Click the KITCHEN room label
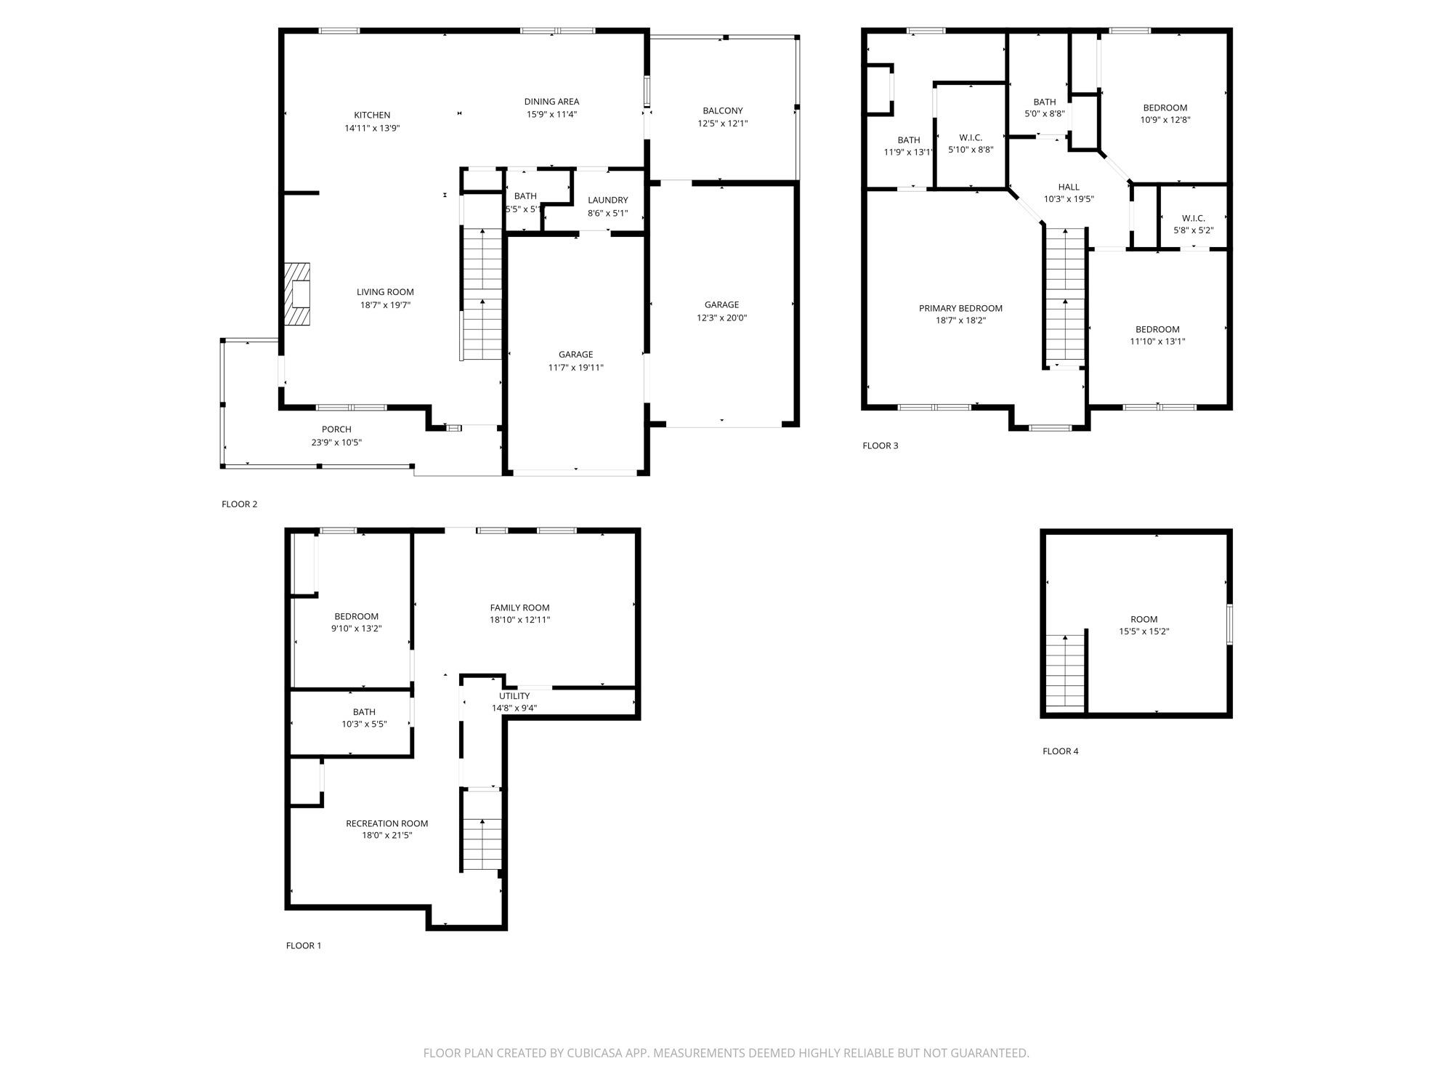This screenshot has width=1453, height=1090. tap(372, 115)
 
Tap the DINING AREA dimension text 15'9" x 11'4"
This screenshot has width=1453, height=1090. tap(551, 114)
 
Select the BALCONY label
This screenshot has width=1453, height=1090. tap(722, 110)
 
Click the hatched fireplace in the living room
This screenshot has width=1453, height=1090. tap(297, 294)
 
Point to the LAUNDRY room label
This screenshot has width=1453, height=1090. tap(607, 200)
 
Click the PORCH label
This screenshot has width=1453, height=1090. tap(336, 429)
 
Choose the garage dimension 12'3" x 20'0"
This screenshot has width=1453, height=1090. tap(721, 318)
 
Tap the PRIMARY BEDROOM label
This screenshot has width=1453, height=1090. tap(960, 308)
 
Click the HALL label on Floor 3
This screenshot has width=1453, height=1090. tap(1069, 187)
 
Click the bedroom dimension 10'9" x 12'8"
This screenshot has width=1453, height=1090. tap(1165, 120)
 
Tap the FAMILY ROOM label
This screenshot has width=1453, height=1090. tap(519, 607)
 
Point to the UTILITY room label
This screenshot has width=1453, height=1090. tap(514, 695)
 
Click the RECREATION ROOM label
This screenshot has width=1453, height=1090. tap(386, 823)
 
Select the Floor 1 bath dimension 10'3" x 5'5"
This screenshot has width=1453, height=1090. tap(364, 724)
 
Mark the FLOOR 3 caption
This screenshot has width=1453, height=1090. tap(880, 445)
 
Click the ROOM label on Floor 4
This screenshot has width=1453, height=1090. tap(1144, 619)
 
